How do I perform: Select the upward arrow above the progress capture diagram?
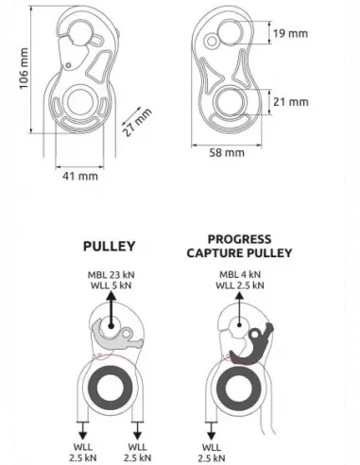tap(239, 310)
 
